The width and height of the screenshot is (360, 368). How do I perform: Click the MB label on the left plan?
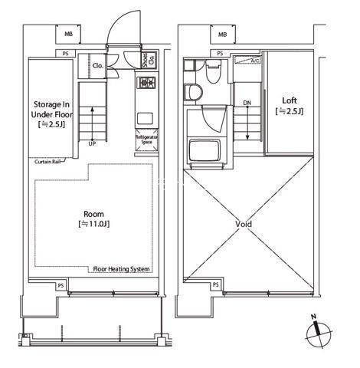coord(69,34)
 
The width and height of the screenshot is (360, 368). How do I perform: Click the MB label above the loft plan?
coord(223,34)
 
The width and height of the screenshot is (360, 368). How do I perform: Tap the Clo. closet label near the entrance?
coord(99,66)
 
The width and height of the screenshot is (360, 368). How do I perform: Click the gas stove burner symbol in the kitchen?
coord(146,83)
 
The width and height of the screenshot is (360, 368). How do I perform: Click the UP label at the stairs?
coord(93,143)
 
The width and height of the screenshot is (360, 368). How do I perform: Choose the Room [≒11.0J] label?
coord(95,219)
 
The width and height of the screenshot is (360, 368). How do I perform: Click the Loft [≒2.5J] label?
coord(290,105)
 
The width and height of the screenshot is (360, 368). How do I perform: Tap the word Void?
coord(244,224)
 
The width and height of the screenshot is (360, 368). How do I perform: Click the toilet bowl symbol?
coord(195,93)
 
